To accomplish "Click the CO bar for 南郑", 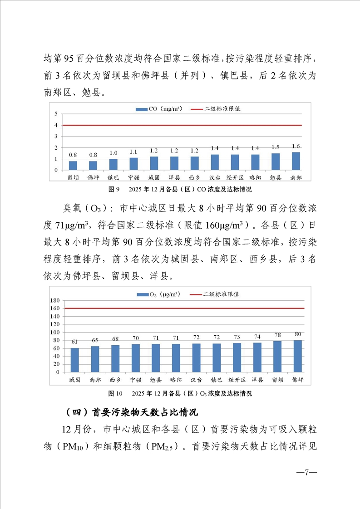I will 296,161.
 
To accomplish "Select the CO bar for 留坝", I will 73,166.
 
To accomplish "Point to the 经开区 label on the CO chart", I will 235,177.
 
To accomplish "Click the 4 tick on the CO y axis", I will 56,125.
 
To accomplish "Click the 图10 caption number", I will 115,393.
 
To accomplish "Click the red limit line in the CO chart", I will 182,125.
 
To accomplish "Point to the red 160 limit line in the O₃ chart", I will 182,308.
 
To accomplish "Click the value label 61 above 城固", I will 74,342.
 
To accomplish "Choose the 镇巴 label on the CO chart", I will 113,177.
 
